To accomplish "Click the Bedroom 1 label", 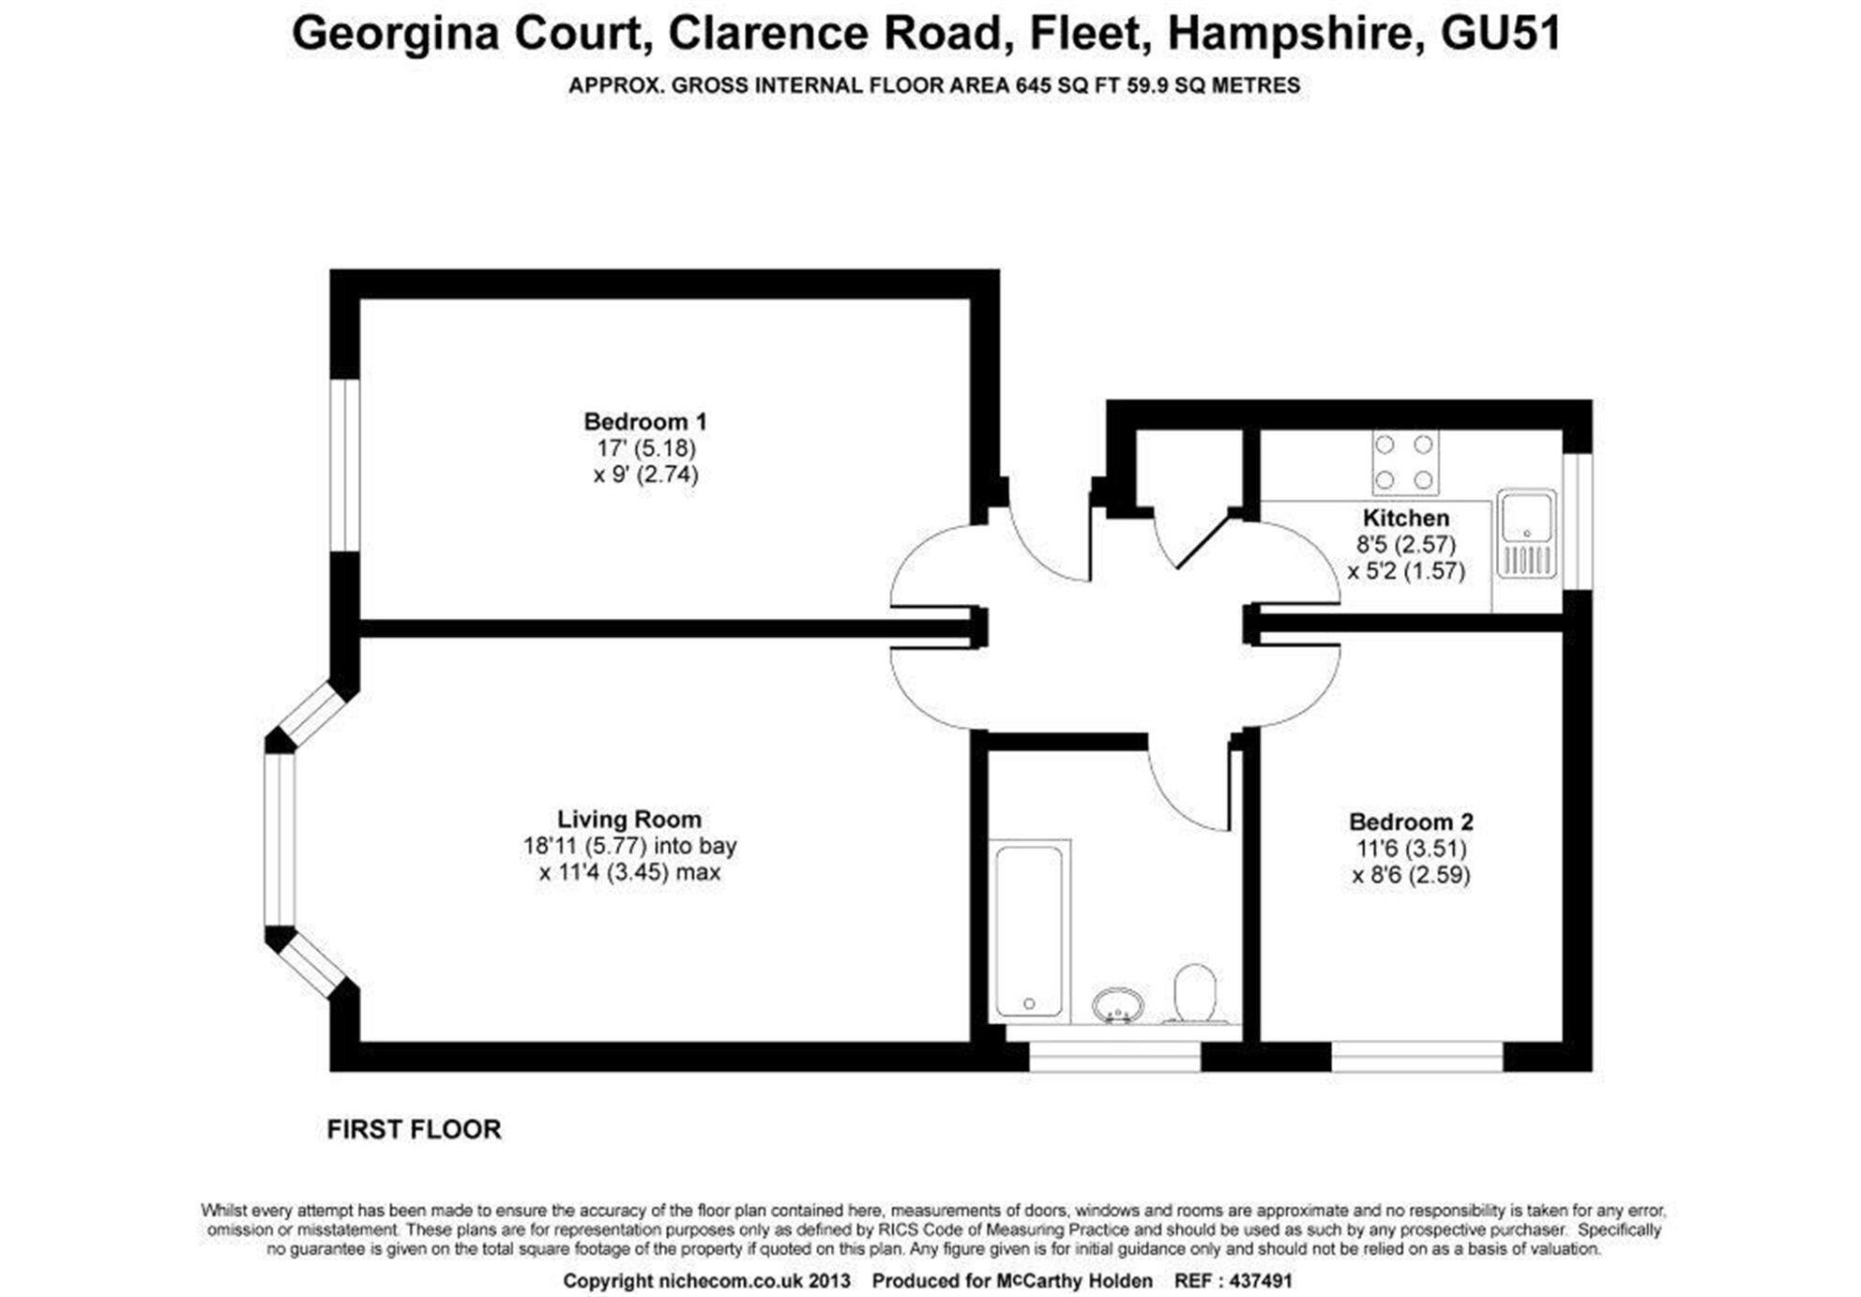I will click(644, 421).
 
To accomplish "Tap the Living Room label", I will click(628, 819).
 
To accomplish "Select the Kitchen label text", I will click(1405, 518).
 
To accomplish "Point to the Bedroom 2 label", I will click(1411, 822).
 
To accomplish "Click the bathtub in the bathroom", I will click(1029, 930).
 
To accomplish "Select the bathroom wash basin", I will click(1117, 1005).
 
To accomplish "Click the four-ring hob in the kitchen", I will click(1404, 462).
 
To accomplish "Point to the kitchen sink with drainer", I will click(1526, 533).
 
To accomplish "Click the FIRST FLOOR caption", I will click(414, 1129).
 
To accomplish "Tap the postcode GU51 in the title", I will click(1501, 34).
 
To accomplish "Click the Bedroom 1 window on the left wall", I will click(345, 464).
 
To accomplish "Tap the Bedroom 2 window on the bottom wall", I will click(1416, 1057).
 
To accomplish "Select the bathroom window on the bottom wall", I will click(1114, 1057).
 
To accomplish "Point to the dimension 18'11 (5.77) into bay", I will click(629, 846).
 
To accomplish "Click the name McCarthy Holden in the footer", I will click(1074, 1281).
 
